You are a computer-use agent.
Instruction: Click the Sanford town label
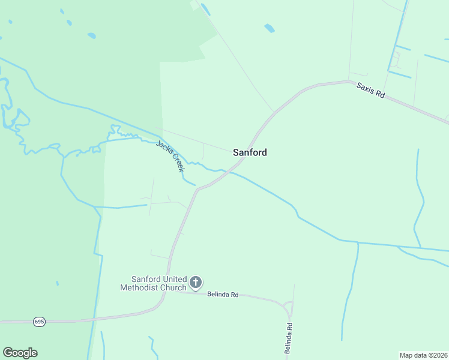click(x=250, y=152)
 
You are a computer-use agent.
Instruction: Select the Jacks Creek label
click(x=170, y=156)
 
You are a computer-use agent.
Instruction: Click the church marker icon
click(x=196, y=282)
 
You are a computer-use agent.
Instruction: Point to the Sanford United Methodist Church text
click(x=159, y=283)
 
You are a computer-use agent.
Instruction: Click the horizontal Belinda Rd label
click(x=223, y=295)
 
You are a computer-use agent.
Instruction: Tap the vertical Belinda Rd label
click(x=289, y=338)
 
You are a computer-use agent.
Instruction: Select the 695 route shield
click(x=39, y=322)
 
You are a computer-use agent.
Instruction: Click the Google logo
click(x=20, y=353)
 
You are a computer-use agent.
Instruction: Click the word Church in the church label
click(x=173, y=287)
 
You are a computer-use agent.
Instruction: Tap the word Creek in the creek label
click(x=176, y=163)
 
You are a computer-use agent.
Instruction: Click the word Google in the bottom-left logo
click(x=20, y=353)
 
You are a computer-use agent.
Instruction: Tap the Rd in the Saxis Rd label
click(x=379, y=95)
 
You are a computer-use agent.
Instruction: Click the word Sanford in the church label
click(x=146, y=279)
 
